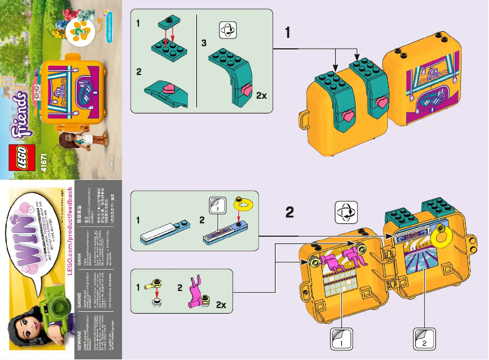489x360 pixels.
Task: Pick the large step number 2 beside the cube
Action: (x=290, y=212)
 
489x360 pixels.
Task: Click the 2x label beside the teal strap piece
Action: (x=262, y=96)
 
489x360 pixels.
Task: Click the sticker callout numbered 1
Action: (x=341, y=338)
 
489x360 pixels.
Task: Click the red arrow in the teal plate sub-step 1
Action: (x=173, y=35)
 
